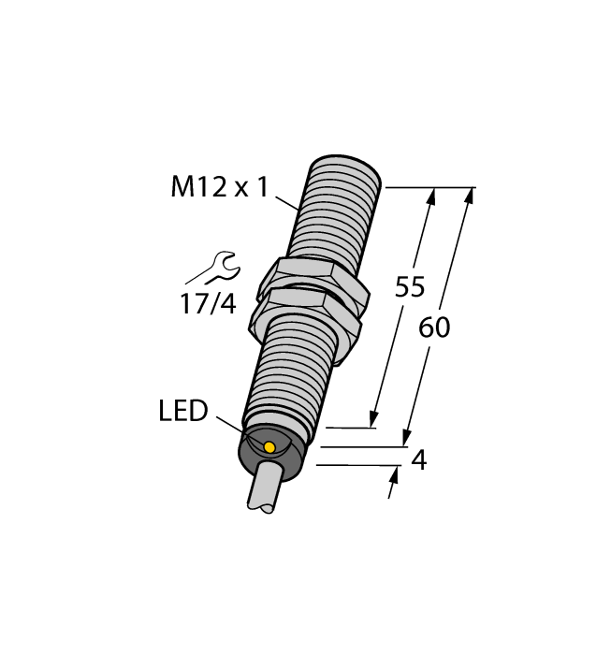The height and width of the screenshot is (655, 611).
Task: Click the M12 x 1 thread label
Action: tap(219, 187)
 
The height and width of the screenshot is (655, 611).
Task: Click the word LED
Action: tap(182, 411)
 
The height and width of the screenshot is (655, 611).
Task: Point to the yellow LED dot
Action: tap(269, 447)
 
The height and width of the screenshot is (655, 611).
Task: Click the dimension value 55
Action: tap(409, 287)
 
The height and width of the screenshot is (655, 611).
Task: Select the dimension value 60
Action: tap(434, 327)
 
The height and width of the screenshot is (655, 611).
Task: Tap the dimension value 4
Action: tap(419, 460)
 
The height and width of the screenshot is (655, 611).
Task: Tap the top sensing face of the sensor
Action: tap(348, 168)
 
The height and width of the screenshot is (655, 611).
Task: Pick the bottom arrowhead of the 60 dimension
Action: tap(407, 438)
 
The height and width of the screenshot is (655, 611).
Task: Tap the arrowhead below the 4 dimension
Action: tap(393, 476)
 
